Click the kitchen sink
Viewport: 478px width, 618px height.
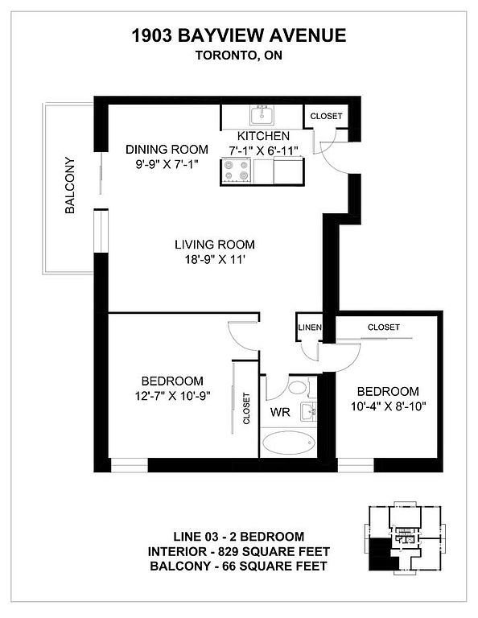(262, 116)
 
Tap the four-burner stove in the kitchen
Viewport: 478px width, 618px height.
(237, 171)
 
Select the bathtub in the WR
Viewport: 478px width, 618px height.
(289, 443)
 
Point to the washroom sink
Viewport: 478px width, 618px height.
(308, 412)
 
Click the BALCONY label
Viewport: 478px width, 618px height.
(70, 185)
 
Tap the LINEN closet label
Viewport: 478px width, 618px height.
(310, 328)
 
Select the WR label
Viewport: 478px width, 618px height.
(280, 412)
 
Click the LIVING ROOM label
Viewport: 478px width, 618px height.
(215, 245)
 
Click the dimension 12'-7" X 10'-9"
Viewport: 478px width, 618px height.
(172, 396)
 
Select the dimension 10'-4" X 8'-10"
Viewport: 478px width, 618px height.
(389, 406)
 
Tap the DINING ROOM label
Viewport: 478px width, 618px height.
(167, 150)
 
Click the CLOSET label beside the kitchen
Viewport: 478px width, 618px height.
(326, 116)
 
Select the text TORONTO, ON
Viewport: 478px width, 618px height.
(239, 56)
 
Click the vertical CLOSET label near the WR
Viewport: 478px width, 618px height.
(247, 408)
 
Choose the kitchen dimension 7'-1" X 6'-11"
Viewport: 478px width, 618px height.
(263, 150)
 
